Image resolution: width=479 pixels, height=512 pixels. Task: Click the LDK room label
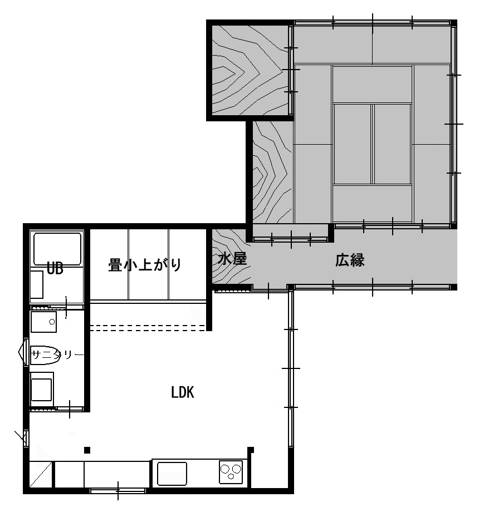tap(183, 392)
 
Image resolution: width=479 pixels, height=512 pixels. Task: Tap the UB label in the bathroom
tap(55, 268)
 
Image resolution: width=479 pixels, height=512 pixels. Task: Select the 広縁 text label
tap(350, 260)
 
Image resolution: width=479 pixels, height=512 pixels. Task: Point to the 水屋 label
tap(232, 259)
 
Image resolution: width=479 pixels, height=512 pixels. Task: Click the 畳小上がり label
tap(145, 264)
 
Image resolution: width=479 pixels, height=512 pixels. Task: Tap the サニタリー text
tap(57, 355)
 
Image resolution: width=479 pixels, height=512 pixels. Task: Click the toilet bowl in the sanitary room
tap(46, 355)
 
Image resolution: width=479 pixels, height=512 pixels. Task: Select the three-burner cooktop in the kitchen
tap(231, 472)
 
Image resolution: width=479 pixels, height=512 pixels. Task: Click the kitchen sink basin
tap(172, 474)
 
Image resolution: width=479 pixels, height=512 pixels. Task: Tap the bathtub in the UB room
tap(57, 249)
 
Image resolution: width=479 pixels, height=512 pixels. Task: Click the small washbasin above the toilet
tap(43, 322)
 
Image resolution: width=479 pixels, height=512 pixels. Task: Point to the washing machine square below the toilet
tap(42, 389)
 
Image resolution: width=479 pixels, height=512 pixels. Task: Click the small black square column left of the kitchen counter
tap(87, 450)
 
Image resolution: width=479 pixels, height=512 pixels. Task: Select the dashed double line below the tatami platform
tap(148, 328)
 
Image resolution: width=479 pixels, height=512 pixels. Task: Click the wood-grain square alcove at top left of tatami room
tap(250, 70)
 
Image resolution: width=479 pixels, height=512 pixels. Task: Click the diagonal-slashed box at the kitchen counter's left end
tap(41, 474)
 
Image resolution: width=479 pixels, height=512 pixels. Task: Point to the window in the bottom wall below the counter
tap(118, 490)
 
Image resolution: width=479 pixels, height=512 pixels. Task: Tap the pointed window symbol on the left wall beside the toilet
tap(23, 352)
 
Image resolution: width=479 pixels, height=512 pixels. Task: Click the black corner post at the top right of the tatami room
tap(453, 23)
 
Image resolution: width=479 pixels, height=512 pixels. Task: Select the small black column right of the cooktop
tap(251, 450)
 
